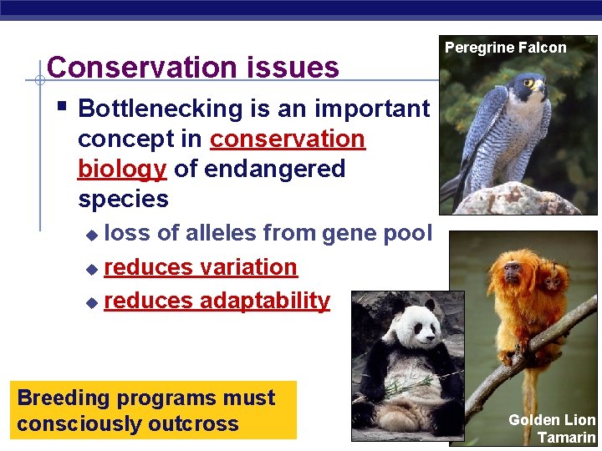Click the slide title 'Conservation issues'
point(193,67)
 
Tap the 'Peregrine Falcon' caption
point(505,48)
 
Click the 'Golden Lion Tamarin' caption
point(552,428)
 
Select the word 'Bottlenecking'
point(159,109)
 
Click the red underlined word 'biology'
point(122,169)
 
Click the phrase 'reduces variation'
point(201,267)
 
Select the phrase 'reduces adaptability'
point(217,301)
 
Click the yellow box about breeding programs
point(156,410)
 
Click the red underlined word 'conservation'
point(287,139)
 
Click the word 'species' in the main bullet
point(123,199)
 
